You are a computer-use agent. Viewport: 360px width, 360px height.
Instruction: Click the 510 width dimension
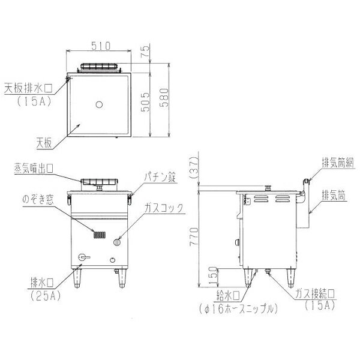pyautogui.click(x=101, y=46)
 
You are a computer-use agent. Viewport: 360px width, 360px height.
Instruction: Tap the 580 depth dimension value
pyautogui.click(x=164, y=98)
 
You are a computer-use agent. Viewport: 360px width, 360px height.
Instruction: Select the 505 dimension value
pyautogui.click(x=145, y=102)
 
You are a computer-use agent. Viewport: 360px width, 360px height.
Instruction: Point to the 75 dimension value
pyautogui.click(x=146, y=52)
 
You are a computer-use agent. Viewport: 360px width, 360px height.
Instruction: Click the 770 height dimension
pyautogui.click(x=194, y=237)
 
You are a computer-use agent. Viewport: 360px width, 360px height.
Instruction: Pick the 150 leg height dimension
pyautogui.click(x=213, y=277)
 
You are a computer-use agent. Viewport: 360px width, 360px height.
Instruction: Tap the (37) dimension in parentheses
pyautogui.click(x=193, y=168)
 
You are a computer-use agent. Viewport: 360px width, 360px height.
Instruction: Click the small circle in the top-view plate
pyautogui.click(x=99, y=104)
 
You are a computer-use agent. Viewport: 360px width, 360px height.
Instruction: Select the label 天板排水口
pyautogui.click(x=28, y=88)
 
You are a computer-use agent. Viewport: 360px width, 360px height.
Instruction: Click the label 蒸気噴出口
pyautogui.click(x=34, y=169)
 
